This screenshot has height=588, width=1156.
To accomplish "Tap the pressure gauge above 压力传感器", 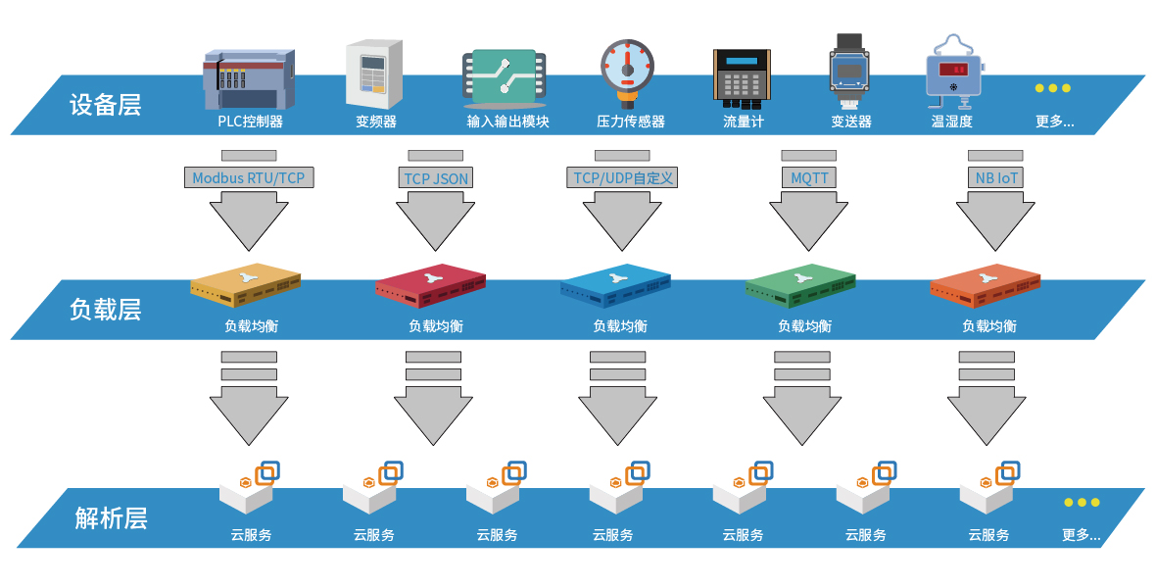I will [x=627, y=71].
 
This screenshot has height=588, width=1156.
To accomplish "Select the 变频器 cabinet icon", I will [x=374, y=73].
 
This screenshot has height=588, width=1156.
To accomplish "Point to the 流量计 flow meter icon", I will [x=742, y=77].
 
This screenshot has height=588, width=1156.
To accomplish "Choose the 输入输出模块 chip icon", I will [x=505, y=77].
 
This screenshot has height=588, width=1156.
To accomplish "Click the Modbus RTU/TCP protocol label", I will [x=250, y=178].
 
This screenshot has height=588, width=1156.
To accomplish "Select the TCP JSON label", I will [x=436, y=178].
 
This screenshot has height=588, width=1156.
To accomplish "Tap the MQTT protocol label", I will [x=809, y=178].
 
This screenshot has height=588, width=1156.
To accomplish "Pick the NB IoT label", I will [x=995, y=178].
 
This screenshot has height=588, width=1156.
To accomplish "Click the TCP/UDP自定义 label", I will [x=623, y=178].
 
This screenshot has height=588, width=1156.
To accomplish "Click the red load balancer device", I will [x=430, y=284].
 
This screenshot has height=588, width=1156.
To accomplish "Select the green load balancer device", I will [x=801, y=284].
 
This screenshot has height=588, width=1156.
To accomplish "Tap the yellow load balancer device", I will [x=246, y=284].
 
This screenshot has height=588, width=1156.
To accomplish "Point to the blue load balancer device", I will [x=616, y=284].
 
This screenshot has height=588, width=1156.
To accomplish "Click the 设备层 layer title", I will [x=105, y=105].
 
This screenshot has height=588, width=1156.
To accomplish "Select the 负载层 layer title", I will [x=105, y=310].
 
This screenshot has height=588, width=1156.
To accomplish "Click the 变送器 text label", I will [x=850, y=122].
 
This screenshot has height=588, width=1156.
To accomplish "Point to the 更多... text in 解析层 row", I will [x=1081, y=535].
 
